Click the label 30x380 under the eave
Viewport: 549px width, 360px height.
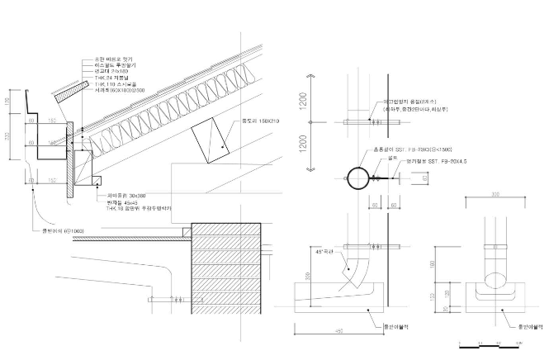(x=121, y=195)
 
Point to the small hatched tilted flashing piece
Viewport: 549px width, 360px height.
(x=63, y=95)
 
